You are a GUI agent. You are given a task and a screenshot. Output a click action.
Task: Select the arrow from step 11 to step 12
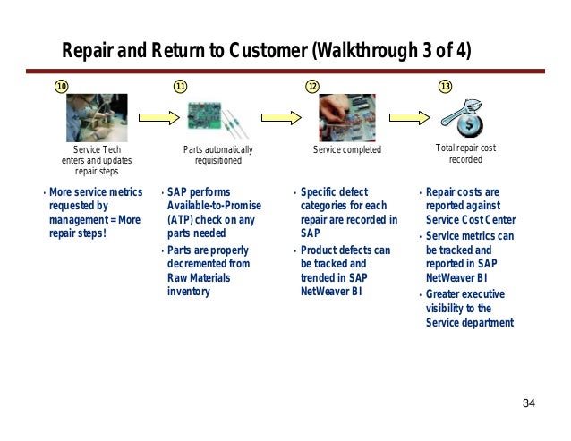point(280,116)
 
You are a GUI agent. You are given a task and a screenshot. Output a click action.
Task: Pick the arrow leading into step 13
point(410,116)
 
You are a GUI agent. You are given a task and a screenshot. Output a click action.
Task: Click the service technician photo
point(96,117)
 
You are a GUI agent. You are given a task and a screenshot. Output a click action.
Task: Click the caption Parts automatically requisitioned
point(218,155)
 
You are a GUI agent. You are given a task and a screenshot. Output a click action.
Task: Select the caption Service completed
point(346,149)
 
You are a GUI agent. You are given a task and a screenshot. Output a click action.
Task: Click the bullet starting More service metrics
point(95,212)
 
